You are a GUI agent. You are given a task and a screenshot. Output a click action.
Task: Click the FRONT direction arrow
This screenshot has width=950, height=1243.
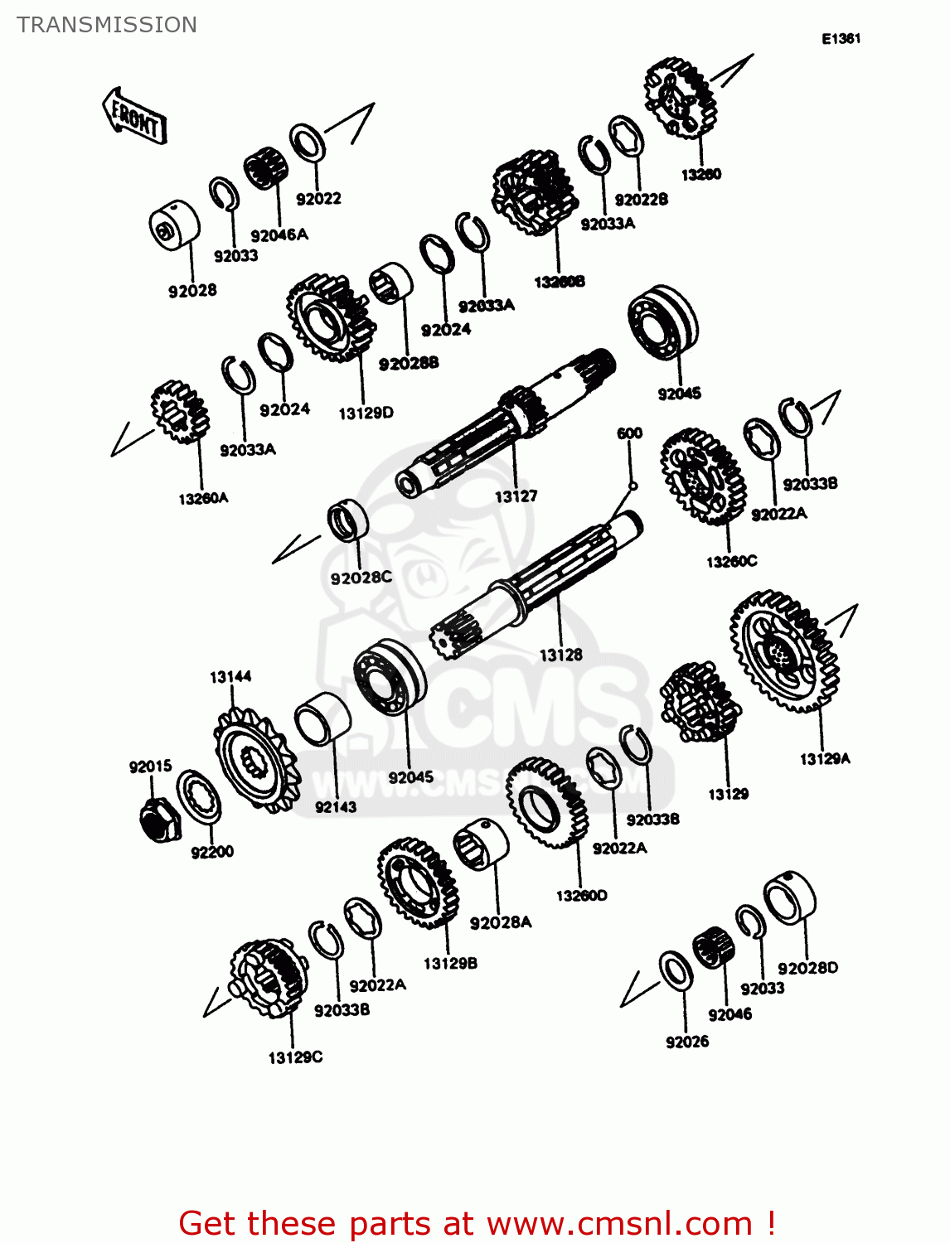pyautogui.click(x=134, y=117)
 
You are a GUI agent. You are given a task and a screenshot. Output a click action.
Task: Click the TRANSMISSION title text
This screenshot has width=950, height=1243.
pyautogui.click(x=107, y=25)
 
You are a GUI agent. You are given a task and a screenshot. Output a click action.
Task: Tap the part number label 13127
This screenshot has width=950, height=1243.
pyautogui.click(x=516, y=496)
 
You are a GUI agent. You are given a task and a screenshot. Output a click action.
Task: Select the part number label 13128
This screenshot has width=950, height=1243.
pyautogui.click(x=560, y=655)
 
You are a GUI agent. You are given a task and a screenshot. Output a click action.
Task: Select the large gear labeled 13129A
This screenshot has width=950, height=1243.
pyautogui.click(x=783, y=651)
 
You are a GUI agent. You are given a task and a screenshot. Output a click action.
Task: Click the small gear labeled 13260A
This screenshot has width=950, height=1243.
pyautogui.click(x=179, y=412)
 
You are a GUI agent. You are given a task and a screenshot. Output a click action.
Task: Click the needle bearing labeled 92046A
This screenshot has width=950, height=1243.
pyautogui.click(x=266, y=169)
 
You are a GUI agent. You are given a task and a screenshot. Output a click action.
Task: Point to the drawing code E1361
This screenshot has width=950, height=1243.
pyautogui.click(x=841, y=39)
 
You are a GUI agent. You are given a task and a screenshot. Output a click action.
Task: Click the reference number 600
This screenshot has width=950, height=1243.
pyautogui.click(x=629, y=433)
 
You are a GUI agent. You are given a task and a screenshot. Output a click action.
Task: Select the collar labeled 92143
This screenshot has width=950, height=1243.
pyautogui.click(x=322, y=718)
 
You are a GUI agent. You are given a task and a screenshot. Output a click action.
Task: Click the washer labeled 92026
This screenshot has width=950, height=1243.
pyautogui.click(x=676, y=969)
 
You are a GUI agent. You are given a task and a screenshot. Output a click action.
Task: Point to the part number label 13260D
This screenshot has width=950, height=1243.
pyautogui.click(x=581, y=896)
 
